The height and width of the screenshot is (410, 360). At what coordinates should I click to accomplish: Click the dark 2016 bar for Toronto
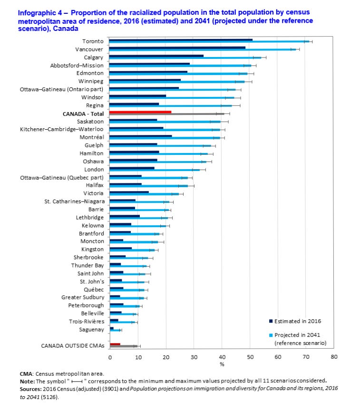tap(181, 40)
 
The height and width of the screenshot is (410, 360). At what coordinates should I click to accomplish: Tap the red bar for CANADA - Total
tap(140, 112)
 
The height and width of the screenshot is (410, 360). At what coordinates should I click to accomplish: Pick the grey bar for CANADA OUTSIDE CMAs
tap(124, 346)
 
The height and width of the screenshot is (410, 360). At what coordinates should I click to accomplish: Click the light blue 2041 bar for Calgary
tap(185, 57)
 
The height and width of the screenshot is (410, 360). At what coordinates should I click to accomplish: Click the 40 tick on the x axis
tap(222, 357)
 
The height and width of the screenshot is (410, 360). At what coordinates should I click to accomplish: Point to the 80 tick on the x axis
tap(334, 357)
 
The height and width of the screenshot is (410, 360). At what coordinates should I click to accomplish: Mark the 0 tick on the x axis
tap(110, 357)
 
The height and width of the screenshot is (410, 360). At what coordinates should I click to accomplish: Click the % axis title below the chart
tap(222, 364)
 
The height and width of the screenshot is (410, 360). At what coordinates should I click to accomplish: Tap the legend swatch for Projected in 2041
tap(271, 335)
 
